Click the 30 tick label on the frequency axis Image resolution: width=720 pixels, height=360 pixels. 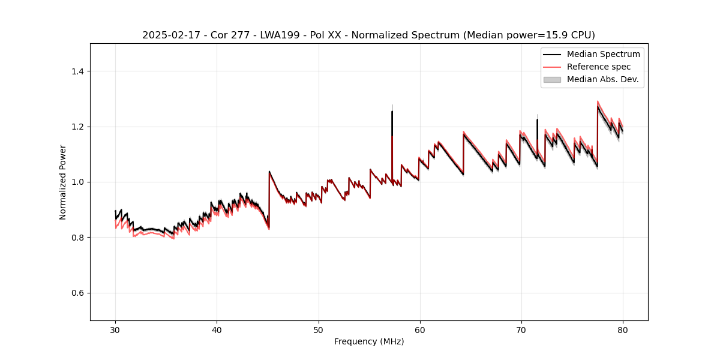[x=115, y=329]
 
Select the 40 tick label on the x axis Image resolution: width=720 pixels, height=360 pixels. [x=217, y=329]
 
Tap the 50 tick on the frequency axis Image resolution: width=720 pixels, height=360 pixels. [x=318, y=329]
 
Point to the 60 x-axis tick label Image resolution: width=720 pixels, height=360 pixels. [x=419, y=329]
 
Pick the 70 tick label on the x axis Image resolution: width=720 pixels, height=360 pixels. [x=521, y=329]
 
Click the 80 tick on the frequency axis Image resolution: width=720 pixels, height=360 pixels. [x=622, y=329]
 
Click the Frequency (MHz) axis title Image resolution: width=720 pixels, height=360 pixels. [x=369, y=341]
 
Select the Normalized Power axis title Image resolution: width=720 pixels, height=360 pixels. [x=63, y=182]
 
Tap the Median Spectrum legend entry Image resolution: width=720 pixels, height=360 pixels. [x=603, y=54]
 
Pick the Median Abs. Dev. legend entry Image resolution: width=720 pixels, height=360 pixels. [x=603, y=79]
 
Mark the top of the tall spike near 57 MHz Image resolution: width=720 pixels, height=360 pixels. [x=392, y=111]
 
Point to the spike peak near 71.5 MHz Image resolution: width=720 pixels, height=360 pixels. [x=537, y=119]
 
